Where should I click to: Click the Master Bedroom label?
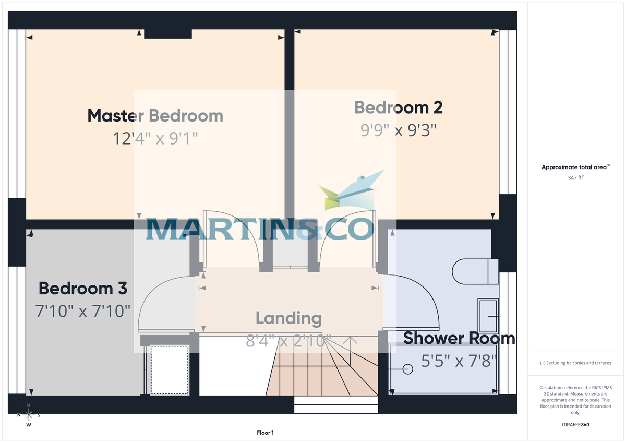[x=155, y=115]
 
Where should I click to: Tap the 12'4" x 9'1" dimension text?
[x=155, y=138]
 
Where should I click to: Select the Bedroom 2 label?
[x=399, y=107]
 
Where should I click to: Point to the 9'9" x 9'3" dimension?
[x=399, y=129]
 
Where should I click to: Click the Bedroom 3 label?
[x=83, y=288]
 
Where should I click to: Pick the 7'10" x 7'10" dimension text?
[x=82, y=312]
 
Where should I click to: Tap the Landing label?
[x=288, y=318]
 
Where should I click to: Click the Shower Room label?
[x=459, y=338]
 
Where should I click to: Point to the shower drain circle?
[x=408, y=369]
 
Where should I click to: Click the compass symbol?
[x=29, y=415]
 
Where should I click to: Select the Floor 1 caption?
[x=265, y=433]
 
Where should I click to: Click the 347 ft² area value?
[x=575, y=178]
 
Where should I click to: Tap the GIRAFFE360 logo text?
[x=575, y=425]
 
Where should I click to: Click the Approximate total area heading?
[x=575, y=167]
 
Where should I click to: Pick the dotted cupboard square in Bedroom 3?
[x=169, y=369]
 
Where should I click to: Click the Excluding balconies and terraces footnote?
[x=575, y=363]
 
